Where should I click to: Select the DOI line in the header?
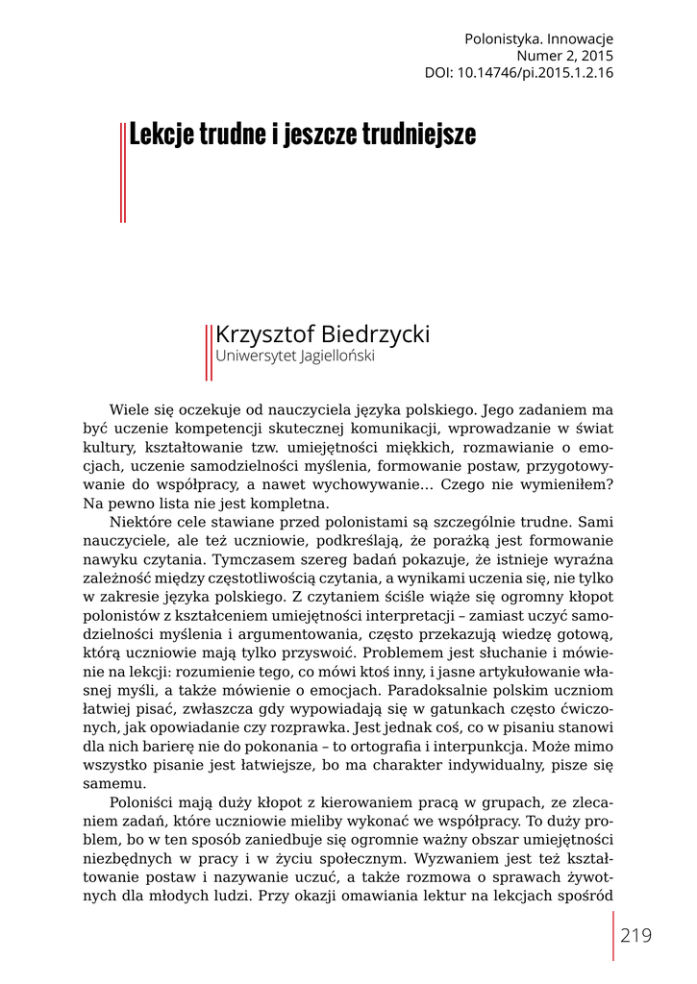click(x=519, y=72)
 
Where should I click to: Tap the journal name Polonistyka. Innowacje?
click(x=538, y=39)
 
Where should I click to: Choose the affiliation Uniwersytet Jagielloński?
click(x=294, y=356)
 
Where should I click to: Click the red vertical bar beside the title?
click(x=123, y=173)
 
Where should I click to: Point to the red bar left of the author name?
click(x=208, y=352)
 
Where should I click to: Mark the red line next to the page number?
click(x=612, y=936)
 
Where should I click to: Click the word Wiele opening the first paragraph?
click(x=130, y=409)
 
